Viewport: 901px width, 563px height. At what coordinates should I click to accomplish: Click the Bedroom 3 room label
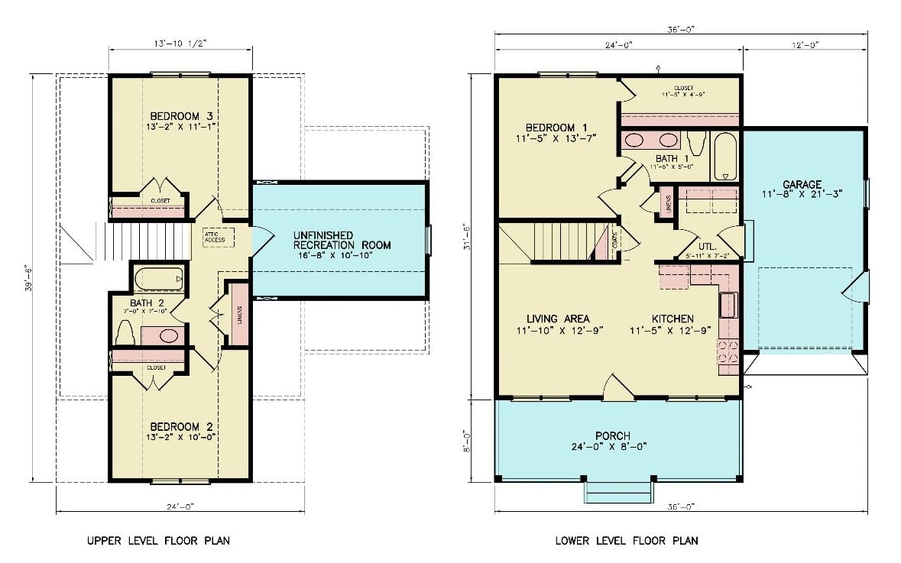(x=180, y=117)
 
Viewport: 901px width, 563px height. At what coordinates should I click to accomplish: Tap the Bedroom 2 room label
(x=180, y=426)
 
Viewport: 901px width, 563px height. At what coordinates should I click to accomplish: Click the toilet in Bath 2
(x=125, y=333)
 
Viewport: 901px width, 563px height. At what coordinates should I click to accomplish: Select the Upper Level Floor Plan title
(x=158, y=541)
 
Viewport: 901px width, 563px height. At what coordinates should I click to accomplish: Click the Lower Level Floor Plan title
(x=627, y=541)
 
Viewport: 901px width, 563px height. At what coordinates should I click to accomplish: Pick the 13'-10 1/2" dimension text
(x=180, y=44)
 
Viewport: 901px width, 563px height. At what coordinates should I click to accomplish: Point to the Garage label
(x=802, y=185)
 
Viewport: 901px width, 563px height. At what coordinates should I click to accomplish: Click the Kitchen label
(x=673, y=319)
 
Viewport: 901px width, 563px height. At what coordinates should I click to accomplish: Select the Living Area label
(x=558, y=319)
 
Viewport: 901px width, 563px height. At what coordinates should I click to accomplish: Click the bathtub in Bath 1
(x=725, y=156)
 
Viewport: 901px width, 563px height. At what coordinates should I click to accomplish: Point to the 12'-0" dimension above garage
(x=805, y=44)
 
